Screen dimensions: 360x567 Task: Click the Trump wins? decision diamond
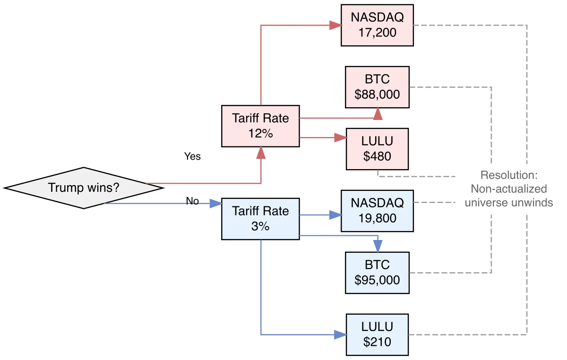[x=84, y=188]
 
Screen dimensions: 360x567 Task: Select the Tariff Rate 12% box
[x=260, y=126]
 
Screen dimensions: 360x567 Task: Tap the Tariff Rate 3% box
[x=260, y=219]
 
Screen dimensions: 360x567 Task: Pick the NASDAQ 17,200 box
[x=377, y=25]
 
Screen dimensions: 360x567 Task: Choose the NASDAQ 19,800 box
[x=377, y=211]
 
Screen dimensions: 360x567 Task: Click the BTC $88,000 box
[x=377, y=87]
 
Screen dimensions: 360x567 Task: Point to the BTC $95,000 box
[x=377, y=273]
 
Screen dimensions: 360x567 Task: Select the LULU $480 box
[x=377, y=149]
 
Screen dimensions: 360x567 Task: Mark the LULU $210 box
[x=377, y=334]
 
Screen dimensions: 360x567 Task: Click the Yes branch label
[x=192, y=156]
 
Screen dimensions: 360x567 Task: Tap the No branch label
[x=192, y=201]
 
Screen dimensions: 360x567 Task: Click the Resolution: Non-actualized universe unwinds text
[x=509, y=189]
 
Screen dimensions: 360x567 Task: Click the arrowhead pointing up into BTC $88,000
[x=378, y=113]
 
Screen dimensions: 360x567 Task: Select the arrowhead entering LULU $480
[x=341, y=137]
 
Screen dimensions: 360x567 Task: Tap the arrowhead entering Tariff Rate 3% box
[x=216, y=203]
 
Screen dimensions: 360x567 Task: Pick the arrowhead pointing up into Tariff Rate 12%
[x=261, y=153]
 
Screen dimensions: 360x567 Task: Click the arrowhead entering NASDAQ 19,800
[x=335, y=215]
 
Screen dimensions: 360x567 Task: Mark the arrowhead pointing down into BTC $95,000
[x=378, y=246]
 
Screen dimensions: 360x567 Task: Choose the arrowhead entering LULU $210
[x=341, y=334]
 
